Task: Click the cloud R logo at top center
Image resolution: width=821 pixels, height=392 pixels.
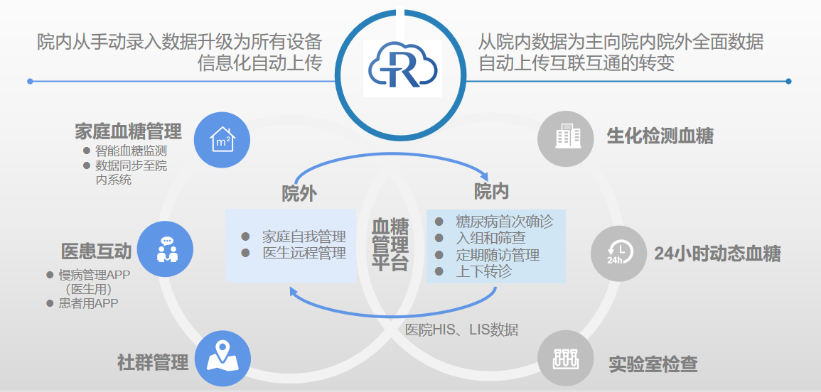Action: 402,68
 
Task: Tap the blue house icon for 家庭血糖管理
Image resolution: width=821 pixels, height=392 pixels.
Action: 222,138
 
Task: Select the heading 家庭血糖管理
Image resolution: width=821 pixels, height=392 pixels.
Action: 128,131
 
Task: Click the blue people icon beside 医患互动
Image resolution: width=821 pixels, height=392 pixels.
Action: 166,249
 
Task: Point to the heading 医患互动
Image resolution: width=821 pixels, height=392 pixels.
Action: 97,251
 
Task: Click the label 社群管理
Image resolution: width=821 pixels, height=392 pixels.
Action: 153,363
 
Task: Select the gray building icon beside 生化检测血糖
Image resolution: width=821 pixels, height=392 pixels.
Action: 565,136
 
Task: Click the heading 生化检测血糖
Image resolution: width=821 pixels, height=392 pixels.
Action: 660,136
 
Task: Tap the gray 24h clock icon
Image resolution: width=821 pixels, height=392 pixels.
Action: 619,253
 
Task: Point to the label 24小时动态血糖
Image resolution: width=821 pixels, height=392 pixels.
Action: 717,254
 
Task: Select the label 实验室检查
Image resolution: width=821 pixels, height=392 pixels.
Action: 653,365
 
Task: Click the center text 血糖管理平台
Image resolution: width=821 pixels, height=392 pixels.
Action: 390,245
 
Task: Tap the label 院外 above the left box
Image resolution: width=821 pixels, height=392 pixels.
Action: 299,193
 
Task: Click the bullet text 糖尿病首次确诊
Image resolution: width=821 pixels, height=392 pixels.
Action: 504,222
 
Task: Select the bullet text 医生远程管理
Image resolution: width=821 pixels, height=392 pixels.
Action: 304,253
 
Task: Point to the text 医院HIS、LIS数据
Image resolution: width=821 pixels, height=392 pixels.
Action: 461,330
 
